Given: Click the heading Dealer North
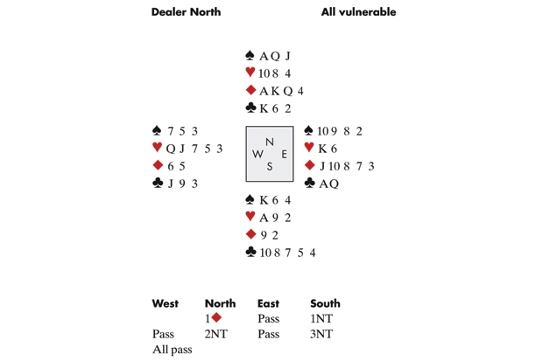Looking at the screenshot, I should (x=186, y=12).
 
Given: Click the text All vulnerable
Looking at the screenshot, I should (x=358, y=12).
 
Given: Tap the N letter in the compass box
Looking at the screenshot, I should (x=270, y=142).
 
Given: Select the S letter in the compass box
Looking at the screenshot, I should (x=270, y=167).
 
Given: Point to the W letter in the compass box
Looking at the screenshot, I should (x=257, y=154).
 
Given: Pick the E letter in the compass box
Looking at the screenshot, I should (x=284, y=154).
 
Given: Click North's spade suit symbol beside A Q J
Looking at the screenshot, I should (x=251, y=56).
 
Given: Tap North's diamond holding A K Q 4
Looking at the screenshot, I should (x=282, y=91).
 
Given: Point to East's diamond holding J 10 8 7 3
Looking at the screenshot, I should (x=343, y=166).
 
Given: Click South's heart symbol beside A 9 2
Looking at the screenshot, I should (x=251, y=218).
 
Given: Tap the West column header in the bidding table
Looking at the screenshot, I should (x=165, y=303).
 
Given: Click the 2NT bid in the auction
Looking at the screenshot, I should (x=217, y=334).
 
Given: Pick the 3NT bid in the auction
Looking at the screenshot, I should (x=323, y=334).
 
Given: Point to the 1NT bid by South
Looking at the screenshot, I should (x=323, y=319).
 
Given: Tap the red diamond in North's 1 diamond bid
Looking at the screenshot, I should (x=215, y=318).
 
